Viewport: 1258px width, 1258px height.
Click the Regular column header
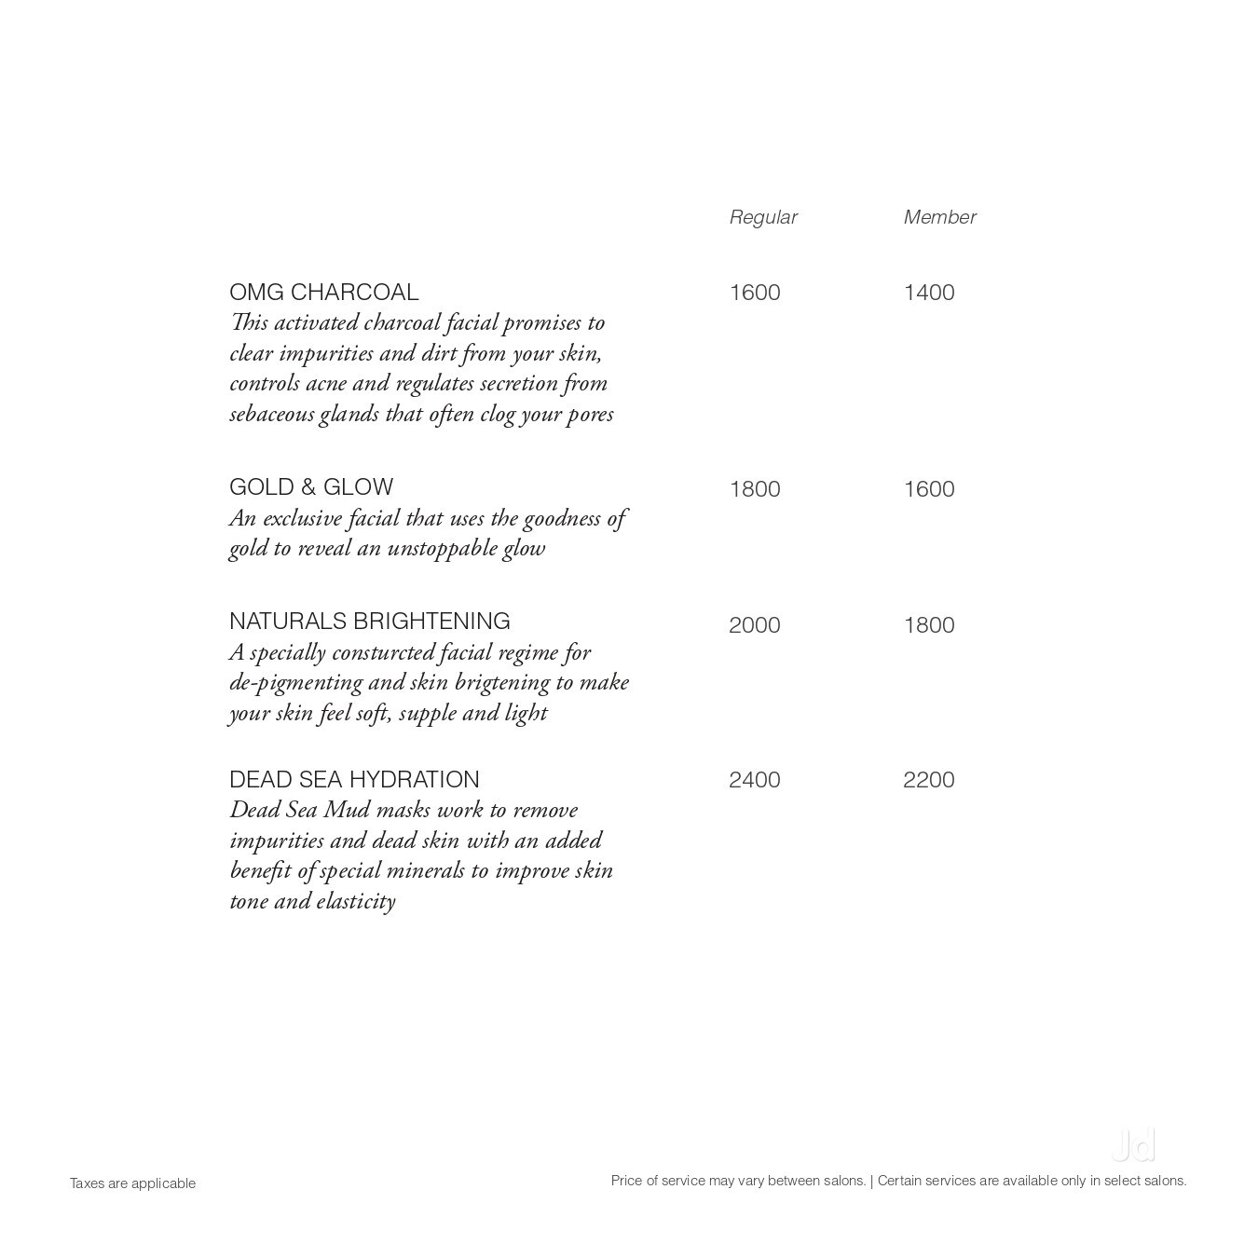762,217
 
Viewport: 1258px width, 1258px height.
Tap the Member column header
939,217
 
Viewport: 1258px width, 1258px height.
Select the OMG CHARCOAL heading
323,293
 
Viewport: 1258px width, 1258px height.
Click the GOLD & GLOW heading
311,487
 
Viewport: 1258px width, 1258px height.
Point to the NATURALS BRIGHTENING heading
369,622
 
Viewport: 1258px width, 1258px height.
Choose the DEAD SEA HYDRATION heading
354,780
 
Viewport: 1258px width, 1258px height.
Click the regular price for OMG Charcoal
754,293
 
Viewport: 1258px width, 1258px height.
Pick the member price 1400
928,293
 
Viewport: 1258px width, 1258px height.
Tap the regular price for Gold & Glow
754,489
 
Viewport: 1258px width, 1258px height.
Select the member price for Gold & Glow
928,489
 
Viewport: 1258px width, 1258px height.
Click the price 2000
754,625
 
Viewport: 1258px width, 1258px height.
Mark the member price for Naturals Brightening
928,625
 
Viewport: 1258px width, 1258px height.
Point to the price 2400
754,780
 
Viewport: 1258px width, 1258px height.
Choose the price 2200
928,780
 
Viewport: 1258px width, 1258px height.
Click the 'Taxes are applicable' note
132,1183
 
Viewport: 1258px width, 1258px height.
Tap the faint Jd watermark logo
1133,1145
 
